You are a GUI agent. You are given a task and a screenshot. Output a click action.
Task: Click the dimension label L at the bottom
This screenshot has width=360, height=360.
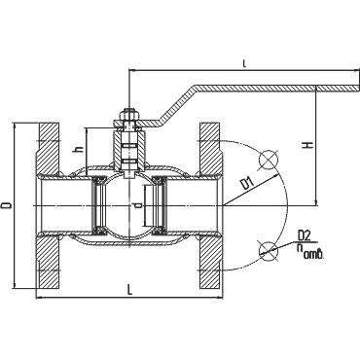point(129,290)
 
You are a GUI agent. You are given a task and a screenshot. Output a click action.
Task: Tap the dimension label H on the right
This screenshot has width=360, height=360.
point(309,145)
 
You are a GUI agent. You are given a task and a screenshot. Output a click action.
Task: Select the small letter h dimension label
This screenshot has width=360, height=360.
point(79,150)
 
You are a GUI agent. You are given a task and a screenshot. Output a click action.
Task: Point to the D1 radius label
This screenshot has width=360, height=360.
point(247,184)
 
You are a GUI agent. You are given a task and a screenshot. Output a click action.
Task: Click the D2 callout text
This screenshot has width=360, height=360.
point(305,234)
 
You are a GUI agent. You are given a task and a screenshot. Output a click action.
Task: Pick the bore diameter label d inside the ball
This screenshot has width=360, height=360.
point(137,205)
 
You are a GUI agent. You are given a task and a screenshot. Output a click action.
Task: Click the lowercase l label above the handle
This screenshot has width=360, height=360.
point(244,64)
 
